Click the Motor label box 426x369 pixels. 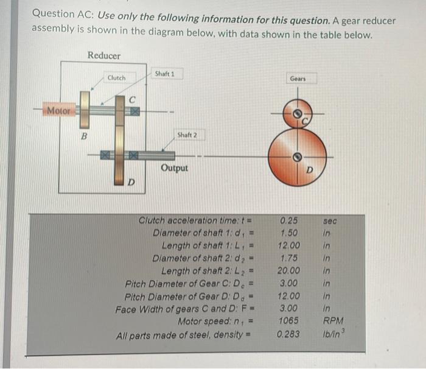click(59, 110)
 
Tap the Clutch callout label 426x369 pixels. click(117, 78)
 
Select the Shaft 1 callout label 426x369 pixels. click(165, 74)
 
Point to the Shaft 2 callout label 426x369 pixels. click(187, 135)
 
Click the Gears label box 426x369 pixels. click(298, 79)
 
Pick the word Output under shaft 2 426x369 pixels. click(174, 168)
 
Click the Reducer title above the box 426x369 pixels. click(104, 55)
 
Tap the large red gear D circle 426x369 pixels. click(297, 157)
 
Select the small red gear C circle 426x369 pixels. click(298, 113)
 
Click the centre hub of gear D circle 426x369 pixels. click(297, 157)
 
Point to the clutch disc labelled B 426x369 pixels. click(85, 110)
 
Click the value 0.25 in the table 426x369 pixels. click(289, 220)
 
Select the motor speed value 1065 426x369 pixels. click(288, 321)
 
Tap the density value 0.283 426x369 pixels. click(288, 334)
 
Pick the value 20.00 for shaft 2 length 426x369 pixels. click(288, 270)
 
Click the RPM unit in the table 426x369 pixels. click(333, 321)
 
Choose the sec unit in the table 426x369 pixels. click(330, 221)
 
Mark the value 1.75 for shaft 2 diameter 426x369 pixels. click(289, 258)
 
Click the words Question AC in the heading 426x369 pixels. click(63, 14)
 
